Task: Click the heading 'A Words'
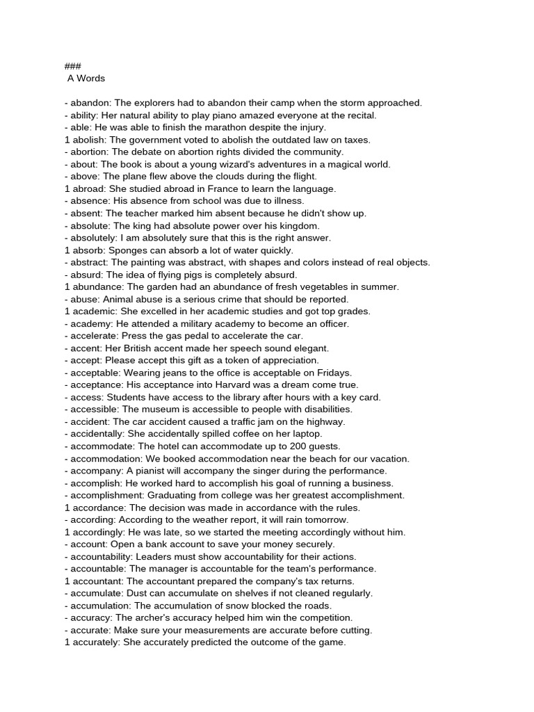point(86,79)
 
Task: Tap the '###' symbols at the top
point(73,66)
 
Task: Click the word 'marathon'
point(217,127)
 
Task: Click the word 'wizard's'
point(229,164)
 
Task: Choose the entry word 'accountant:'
point(97,581)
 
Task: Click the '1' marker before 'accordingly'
point(67,532)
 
